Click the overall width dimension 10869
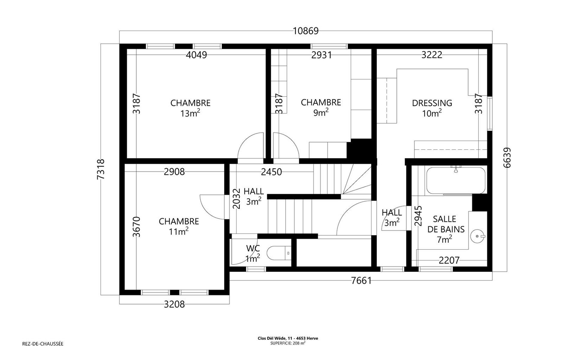(306, 31)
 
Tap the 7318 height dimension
(101, 169)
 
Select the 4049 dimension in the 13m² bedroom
(196, 55)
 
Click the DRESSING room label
(432, 103)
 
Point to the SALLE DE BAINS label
(445, 224)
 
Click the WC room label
(253, 248)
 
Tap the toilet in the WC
(279, 253)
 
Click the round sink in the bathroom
(477, 236)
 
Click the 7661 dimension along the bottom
(361, 280)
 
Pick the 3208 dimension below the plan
(174, 304)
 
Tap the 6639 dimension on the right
(507, 158)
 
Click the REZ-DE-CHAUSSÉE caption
(43, 344)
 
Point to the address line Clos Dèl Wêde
(288, 338)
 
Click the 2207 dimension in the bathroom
(449, 260)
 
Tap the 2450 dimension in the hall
(271, 172)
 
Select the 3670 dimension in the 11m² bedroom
(136, 227)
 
